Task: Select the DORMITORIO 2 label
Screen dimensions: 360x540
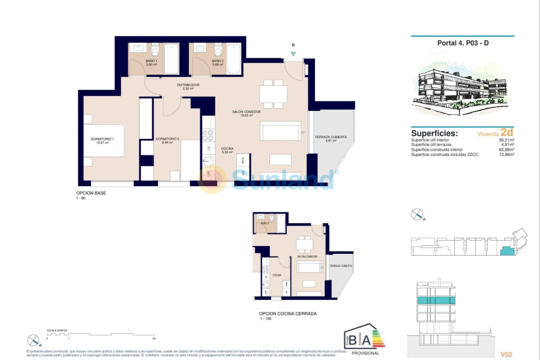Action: (167, 140)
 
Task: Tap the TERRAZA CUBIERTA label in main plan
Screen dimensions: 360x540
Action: (331, 138)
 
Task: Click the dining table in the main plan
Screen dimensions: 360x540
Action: (273, 94)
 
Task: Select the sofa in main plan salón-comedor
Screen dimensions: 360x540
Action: (280, 131)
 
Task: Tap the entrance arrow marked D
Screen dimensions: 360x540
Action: (293, 53)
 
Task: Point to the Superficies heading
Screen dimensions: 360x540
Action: (434, 133)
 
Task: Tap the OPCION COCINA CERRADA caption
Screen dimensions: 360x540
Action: (287, 313)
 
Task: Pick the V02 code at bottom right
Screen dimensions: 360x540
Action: (507, 355)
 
